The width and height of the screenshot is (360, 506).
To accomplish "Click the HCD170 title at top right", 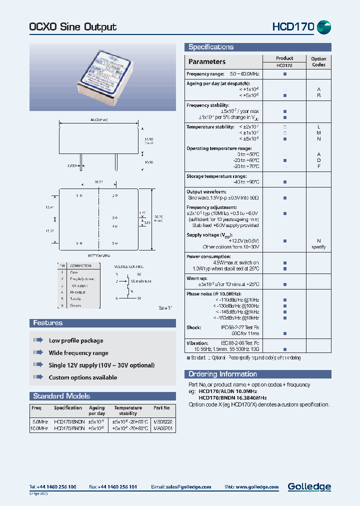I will pos(292,26).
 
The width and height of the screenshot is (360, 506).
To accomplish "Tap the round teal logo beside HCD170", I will pos(324,26).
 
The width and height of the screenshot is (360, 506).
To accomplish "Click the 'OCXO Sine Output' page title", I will pos(73,27).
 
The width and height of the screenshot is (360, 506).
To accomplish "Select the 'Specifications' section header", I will pos(211,47).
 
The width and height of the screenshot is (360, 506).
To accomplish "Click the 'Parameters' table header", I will pos(207,61).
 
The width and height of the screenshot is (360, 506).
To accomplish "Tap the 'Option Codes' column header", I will pos(318,61).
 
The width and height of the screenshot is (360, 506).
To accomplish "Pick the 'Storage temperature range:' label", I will pos(216,176).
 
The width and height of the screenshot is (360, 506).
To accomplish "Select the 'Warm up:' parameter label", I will pos(197,278).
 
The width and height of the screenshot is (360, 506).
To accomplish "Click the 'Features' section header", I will pos(48,323).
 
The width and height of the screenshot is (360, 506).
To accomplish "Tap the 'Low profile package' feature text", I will pos(76,340).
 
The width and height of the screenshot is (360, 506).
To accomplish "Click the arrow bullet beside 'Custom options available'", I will pos(38,377).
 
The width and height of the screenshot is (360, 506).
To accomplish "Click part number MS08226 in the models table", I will pos(161,421).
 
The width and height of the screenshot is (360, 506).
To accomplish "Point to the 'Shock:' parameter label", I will pos(194,327).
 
